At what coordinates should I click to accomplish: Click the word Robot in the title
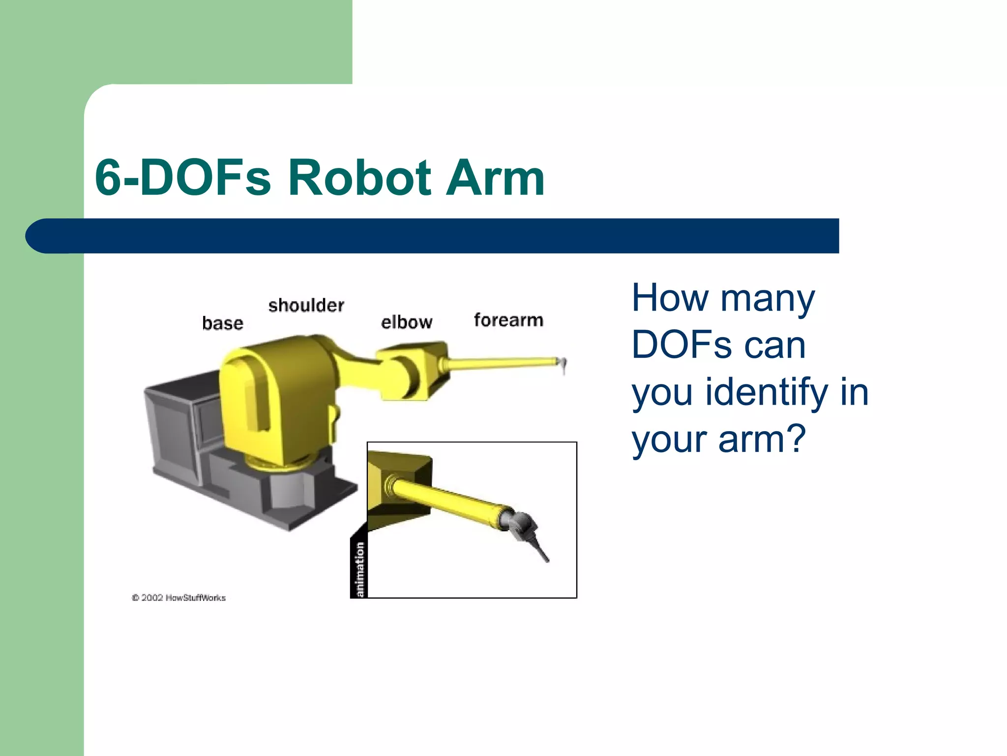point(359,178)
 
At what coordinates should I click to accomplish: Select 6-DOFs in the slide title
point(182,178)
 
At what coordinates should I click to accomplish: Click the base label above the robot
point(223,323)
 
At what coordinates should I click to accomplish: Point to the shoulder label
point(306,306)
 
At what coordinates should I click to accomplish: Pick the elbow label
point(407,322)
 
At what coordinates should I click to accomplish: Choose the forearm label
point(508,320)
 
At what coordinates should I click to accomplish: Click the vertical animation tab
point(359,568)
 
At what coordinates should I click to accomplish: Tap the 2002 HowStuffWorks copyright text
point(178,598)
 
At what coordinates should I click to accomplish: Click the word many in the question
point(768,298)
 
